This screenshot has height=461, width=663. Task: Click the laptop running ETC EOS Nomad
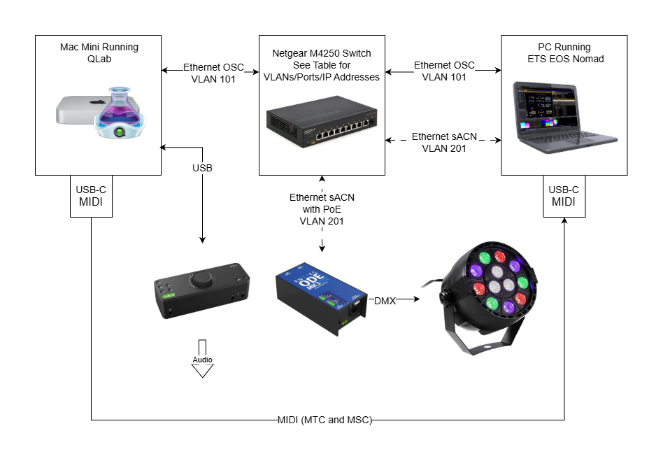pos(562,115)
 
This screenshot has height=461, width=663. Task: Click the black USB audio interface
pos(201,293)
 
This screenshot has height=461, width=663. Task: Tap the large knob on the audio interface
pos(204,279)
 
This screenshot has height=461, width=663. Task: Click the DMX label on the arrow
pos(384,301)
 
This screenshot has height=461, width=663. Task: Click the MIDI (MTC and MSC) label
pos(324,420)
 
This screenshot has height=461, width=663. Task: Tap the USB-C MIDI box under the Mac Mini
pos(91,196)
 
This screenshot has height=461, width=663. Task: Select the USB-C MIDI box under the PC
pos(564,196)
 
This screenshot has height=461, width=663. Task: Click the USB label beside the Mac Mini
pos(202,168)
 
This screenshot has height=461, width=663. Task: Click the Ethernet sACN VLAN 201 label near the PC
pos(444,142)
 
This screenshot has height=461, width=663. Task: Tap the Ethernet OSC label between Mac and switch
pos(213,73)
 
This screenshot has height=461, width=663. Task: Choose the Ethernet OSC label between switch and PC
pos(444,71)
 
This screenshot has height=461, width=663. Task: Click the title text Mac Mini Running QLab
pos(99,53)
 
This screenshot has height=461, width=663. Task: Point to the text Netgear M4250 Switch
pos(321,54)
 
